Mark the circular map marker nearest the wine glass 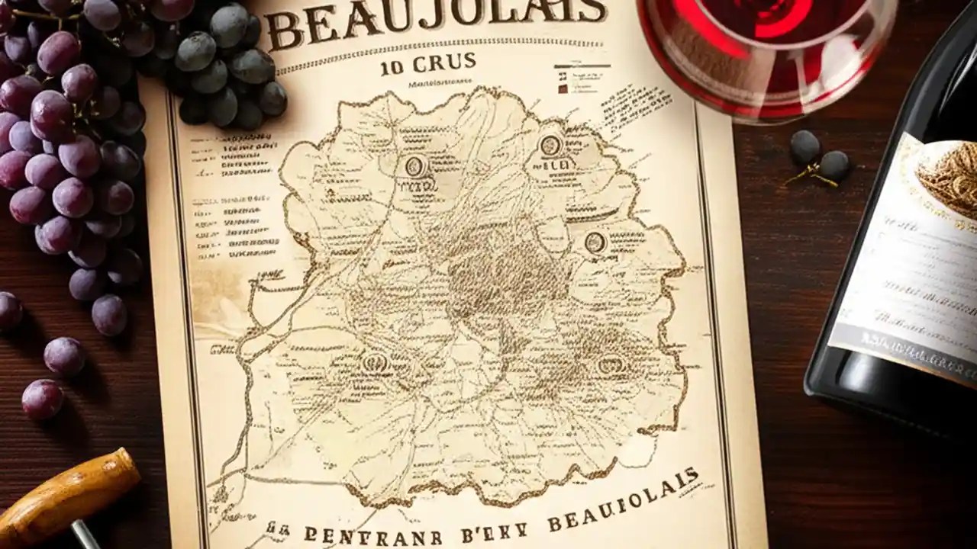tap(550, 145)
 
